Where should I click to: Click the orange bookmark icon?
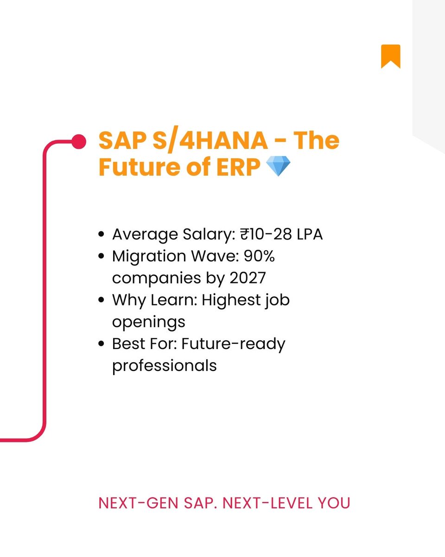pos(390,56)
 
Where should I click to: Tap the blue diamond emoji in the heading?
pos(278,167)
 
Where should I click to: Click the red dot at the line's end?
pos(79,142)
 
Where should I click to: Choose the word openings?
pos(148,322)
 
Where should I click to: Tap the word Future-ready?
pos(233,344)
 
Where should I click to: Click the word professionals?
pos(164,365)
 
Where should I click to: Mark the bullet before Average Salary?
pos(101,234)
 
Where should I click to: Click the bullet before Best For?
pos(101,344)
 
